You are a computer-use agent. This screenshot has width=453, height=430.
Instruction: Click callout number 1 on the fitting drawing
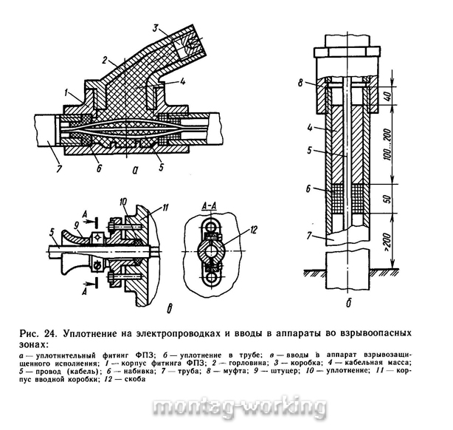(x=66, y=93)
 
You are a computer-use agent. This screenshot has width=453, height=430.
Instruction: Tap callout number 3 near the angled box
(x=156, y=28)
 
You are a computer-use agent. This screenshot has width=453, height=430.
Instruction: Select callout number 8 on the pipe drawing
(x=300, y=83)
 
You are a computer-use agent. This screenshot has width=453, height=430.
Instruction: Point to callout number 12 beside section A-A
(x=253, y=231)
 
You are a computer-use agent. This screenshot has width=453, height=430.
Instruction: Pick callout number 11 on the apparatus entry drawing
(x=165, y=208)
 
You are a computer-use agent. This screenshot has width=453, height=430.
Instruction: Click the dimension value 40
(x=388, y=95)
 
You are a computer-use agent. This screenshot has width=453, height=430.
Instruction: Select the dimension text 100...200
(x=388, y=144)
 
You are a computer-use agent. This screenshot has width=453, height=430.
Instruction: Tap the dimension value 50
(x=388, y=199)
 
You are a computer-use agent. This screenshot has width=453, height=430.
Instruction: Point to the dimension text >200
(x=388, y=242)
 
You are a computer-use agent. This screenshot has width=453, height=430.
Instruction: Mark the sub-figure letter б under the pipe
(x=349, y=303)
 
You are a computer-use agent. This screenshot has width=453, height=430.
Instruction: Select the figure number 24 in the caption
(x=49, y=333)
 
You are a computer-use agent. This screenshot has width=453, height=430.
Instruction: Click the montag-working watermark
(x=239, y=407)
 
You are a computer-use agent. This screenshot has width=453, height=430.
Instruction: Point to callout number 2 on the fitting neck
(x=104, y=60)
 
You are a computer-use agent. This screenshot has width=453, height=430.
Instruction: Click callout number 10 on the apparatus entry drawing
(x=123, y=202)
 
